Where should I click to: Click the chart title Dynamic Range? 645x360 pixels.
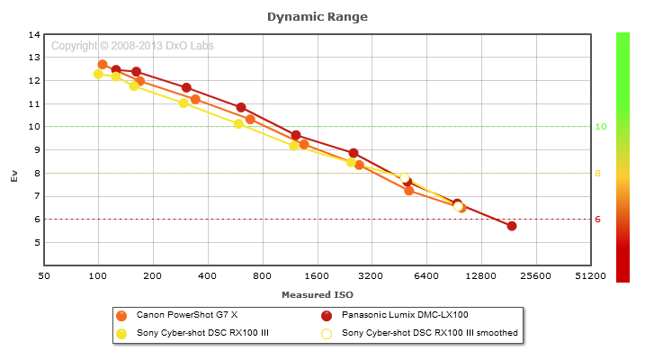(318, 16)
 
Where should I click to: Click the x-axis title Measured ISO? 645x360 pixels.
(317, 294)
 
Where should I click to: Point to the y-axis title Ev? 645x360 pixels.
(13, 176)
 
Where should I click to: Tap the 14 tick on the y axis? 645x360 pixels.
(35, 35)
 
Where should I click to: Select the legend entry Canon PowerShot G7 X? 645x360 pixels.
(186, 315)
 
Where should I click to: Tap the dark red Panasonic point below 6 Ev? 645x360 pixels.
(512, 226)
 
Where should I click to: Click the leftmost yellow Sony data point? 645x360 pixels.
(98, 75)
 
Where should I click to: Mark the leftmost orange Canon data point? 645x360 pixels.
(103, 65)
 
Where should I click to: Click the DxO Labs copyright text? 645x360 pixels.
(132, 46)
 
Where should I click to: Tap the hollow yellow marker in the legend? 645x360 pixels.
(327, 333)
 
